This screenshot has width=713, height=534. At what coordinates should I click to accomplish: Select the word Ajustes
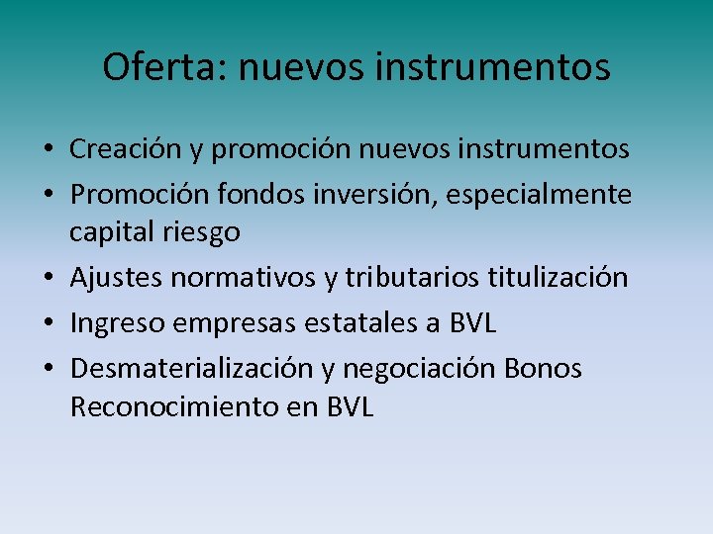(x=116, y=278)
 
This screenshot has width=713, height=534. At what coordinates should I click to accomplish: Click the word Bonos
(x=543, y=369)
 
